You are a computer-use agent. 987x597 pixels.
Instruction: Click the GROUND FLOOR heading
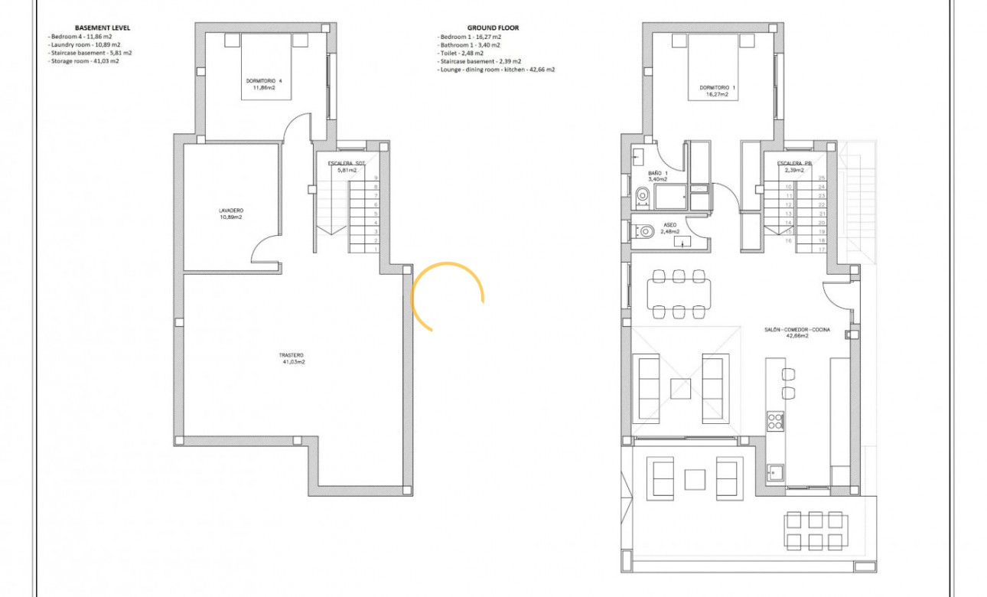[x=493, y=28]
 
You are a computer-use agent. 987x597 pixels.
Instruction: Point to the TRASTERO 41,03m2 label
[x=292, y=358]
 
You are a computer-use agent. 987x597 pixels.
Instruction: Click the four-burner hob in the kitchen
[x=775, y=420]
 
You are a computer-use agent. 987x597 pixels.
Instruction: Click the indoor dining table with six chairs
[x=678, y=293]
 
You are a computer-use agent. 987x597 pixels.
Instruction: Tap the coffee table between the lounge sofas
[x=681, y=388]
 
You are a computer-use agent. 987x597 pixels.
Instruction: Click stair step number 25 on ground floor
[x=821, y=178]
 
